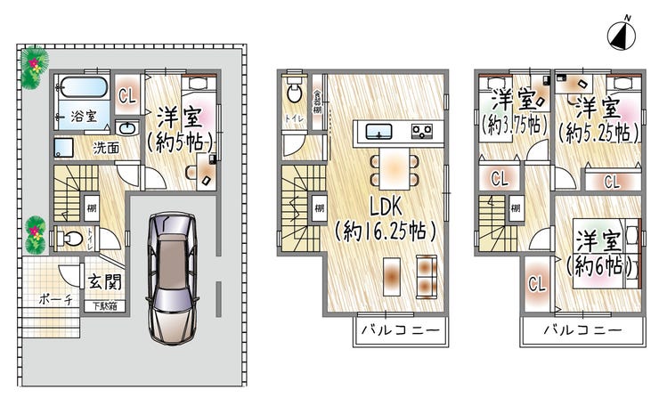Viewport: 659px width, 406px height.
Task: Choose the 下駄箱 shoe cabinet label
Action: [104, 306]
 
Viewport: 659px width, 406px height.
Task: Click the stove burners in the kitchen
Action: [421, 133]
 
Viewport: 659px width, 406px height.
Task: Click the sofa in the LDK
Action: [427, 276]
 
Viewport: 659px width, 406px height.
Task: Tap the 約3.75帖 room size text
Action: [512, 126]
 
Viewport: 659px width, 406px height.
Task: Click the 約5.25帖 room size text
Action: [598, 133]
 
